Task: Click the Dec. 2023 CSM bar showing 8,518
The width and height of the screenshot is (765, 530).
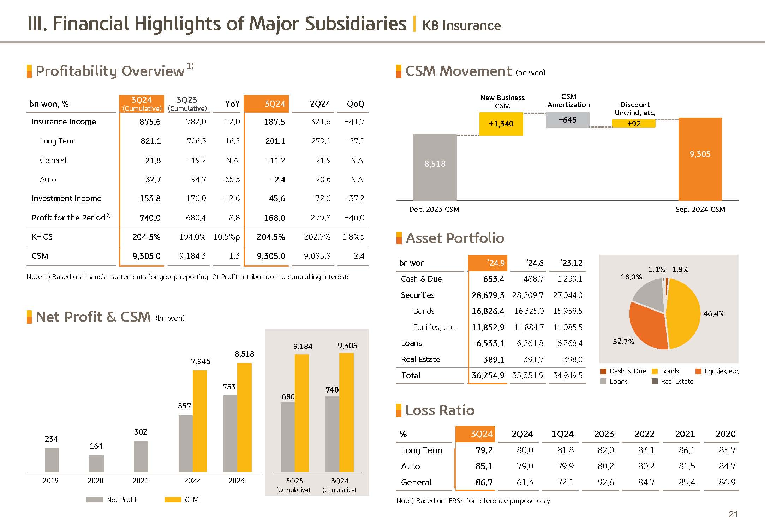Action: point(435,167)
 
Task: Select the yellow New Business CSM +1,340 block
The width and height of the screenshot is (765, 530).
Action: point(501,124)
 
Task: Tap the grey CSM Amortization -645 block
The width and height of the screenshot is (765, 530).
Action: point(567,120)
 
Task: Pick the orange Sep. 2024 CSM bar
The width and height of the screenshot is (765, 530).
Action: point(700,159)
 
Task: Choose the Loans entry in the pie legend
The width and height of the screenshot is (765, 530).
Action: point(614,382)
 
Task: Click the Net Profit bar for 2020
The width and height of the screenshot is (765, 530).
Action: point(96,464)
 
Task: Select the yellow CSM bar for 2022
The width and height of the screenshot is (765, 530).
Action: point(200,420)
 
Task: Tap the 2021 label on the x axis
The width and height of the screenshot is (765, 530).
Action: point(141,481)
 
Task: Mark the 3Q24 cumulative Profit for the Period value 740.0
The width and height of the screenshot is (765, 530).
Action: point(150,218)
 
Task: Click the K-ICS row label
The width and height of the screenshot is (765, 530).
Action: point(42,237)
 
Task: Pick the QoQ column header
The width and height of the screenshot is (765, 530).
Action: point(355,104)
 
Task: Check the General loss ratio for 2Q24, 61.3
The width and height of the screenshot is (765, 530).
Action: point(524,483)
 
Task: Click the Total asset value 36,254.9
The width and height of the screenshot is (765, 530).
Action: point(488,376)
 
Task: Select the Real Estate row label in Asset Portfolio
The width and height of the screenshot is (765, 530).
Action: point(420,360)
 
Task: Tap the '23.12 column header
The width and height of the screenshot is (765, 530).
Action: point(571,263)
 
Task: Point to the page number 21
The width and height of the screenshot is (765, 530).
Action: point(733,514)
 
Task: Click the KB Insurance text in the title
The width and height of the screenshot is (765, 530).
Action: point(461,25)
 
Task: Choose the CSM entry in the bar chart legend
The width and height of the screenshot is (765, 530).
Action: point(182,500)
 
